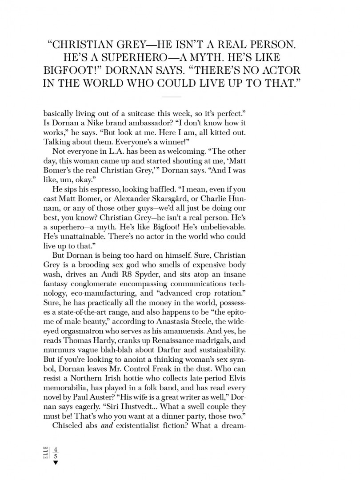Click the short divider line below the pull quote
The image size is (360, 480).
click(x=172, y=96)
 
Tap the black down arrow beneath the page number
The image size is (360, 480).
click(x=56, y=463)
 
